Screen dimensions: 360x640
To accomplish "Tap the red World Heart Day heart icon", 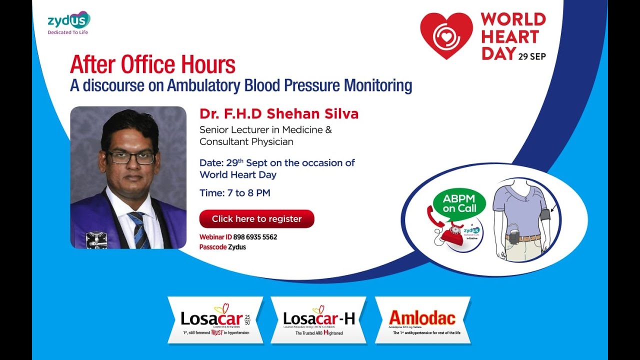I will click(x=446, y=35).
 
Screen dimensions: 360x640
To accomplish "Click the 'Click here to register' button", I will click(x=256, y=219).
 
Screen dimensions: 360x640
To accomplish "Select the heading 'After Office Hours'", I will click(x=152, y=64).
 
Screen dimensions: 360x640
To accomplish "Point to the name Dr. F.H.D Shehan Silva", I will click(x=279, y=114).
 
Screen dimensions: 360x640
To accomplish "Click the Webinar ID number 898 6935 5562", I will click(x=255, y=237).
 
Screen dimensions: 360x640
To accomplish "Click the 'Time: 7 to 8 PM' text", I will click(x=235, y=193).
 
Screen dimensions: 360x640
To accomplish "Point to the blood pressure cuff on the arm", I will click(x=545, y=215).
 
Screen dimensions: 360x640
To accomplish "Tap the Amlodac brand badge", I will click(x=422, y=320).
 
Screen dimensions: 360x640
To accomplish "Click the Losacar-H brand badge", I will click(x=318, y=320).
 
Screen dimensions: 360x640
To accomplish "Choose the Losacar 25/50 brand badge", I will click(x=215, y=320).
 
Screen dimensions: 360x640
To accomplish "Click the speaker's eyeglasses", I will click(x=131, y=158).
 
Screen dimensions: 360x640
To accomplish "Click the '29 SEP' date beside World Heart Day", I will click(x=532, y=56).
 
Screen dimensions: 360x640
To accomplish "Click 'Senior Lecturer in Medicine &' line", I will click(x=265, y=130).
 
